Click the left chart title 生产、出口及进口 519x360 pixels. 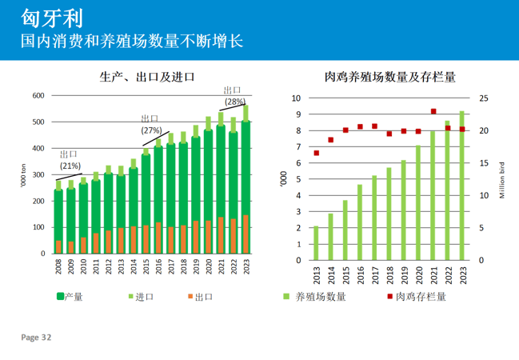click(x=148, y=78)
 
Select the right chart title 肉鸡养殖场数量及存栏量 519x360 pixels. click(x=390, y=78)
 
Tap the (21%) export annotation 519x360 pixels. click(x=70, y=166)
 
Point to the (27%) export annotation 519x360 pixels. click(x=151, y=130)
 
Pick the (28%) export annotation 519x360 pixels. click(x=234, y=102)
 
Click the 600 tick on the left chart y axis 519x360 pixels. click(x=38, y=96)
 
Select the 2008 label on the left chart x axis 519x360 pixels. click(x=58, y=266)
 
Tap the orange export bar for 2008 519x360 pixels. click(x=58, y=246)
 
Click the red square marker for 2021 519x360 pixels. click(x=433, y=111)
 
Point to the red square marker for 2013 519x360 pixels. click(x=317, y=153)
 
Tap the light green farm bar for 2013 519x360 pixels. click(x=317, y=243)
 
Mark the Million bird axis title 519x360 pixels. click(x=502, y=178)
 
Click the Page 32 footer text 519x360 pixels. click(x=36, y=338)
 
